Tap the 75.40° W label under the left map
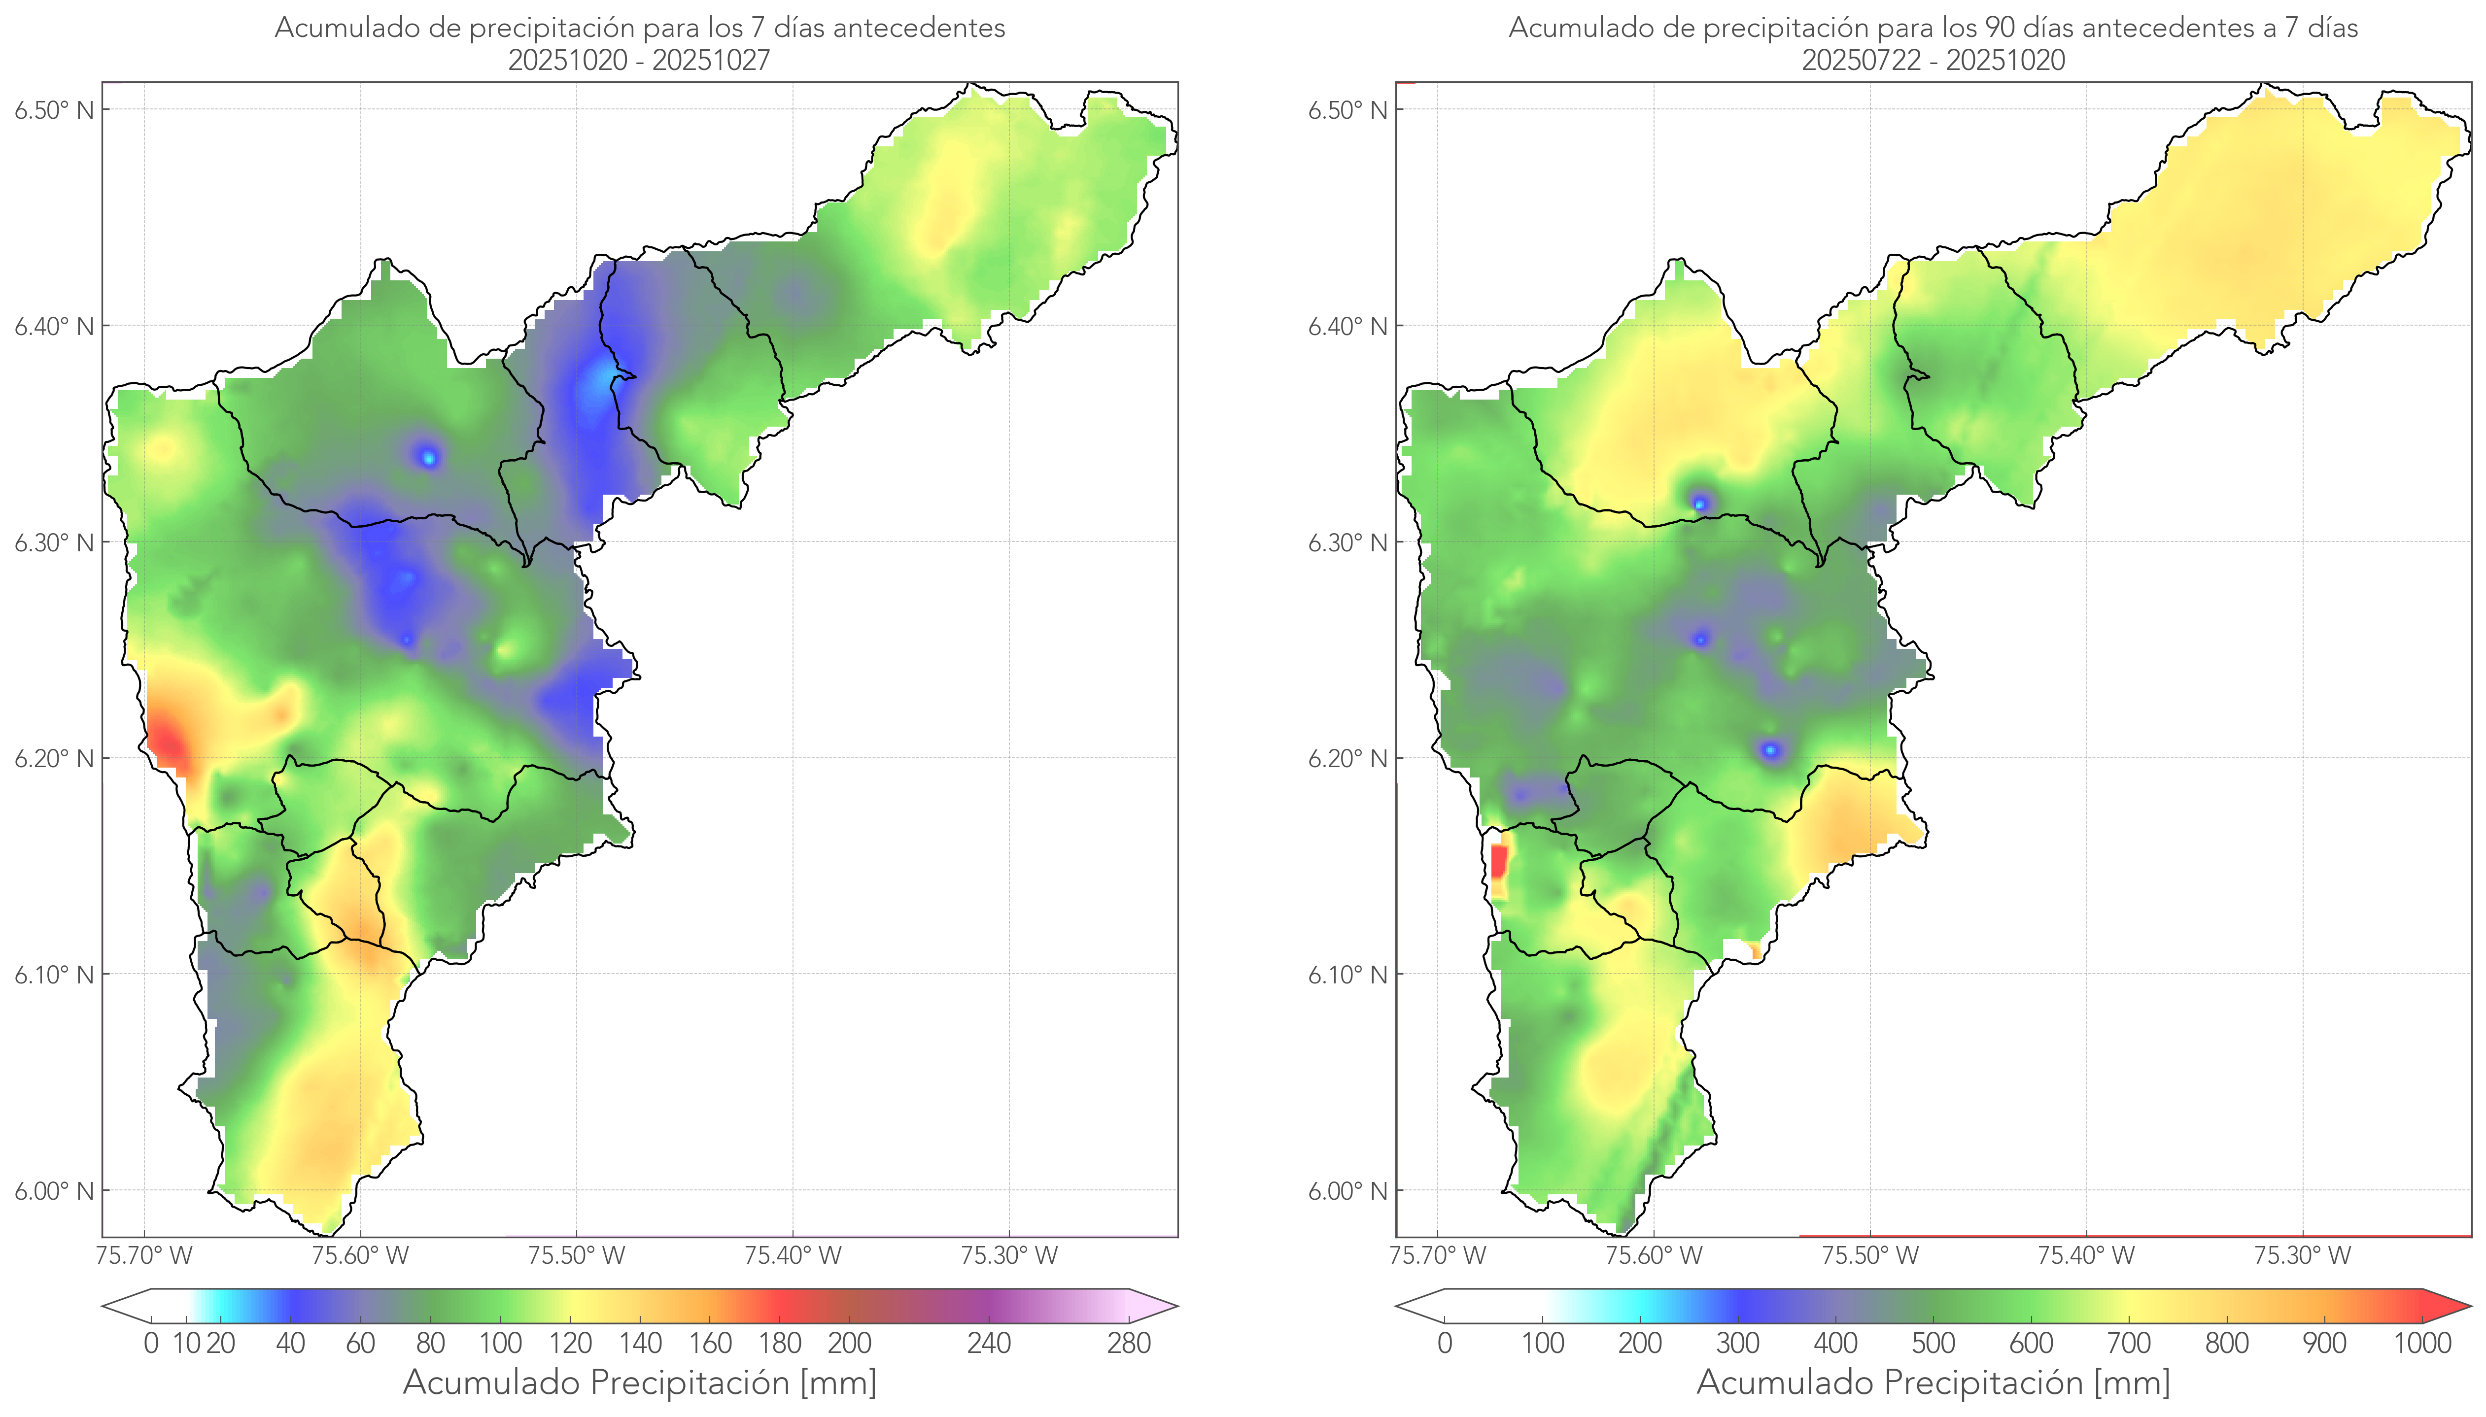pos(793,1255)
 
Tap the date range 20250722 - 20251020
pos(1933,60)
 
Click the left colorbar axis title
pos(640,1382)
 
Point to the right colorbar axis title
pos(1933,1382)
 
